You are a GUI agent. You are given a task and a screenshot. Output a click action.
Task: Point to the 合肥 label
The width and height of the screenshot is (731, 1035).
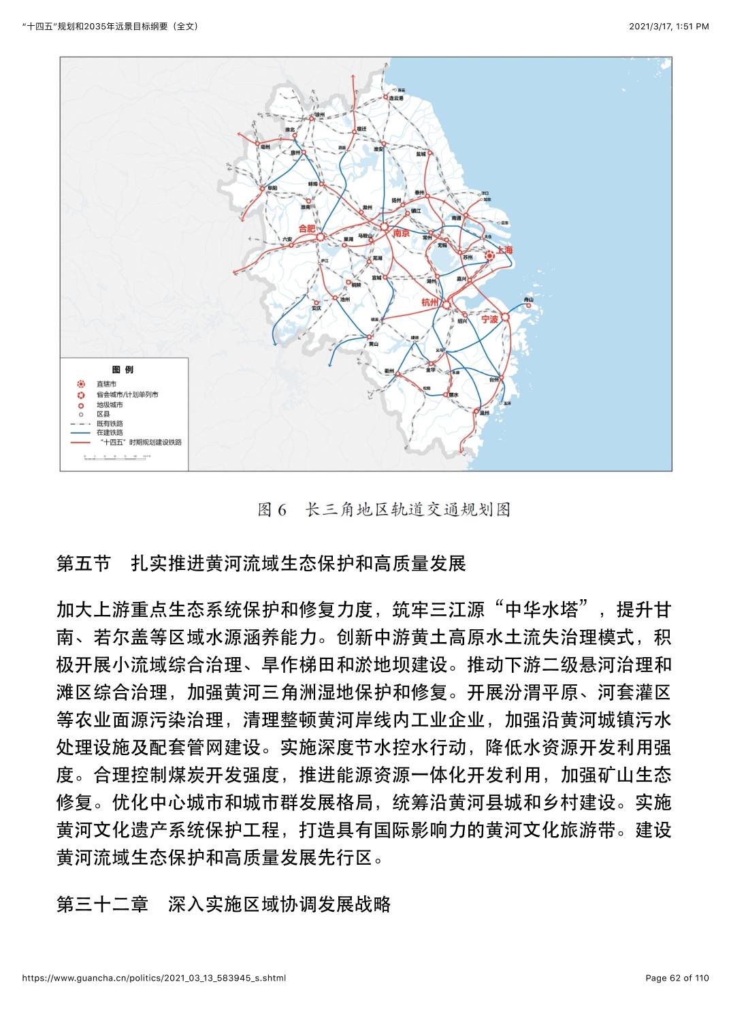pyautogui.click(x=308, y=228)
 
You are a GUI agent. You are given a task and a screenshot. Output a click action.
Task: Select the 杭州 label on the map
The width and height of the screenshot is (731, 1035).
pyautogui.click(x=431, y=302)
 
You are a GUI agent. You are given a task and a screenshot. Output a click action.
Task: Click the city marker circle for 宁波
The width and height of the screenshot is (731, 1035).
pyautogui.click(x=506, y=318)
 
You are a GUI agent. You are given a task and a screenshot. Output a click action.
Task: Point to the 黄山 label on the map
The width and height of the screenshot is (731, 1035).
pyautogui.click(x=373, y=345)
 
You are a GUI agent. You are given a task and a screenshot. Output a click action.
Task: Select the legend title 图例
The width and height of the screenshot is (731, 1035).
pyautogui.click(x=123, y=370)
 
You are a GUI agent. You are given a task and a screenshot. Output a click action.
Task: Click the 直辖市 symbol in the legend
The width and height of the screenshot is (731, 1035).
pyautogui.click(x=81, y=385)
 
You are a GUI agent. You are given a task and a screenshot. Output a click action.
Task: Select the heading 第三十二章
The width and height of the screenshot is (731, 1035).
pyautogui.click(x=102, y=904)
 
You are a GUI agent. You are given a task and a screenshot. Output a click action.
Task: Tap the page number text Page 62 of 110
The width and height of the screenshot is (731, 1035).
pyautogui.click(x=677, y=978)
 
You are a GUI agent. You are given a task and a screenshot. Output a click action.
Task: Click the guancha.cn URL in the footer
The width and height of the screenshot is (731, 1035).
pyautogui.click(x=154, y=978)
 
